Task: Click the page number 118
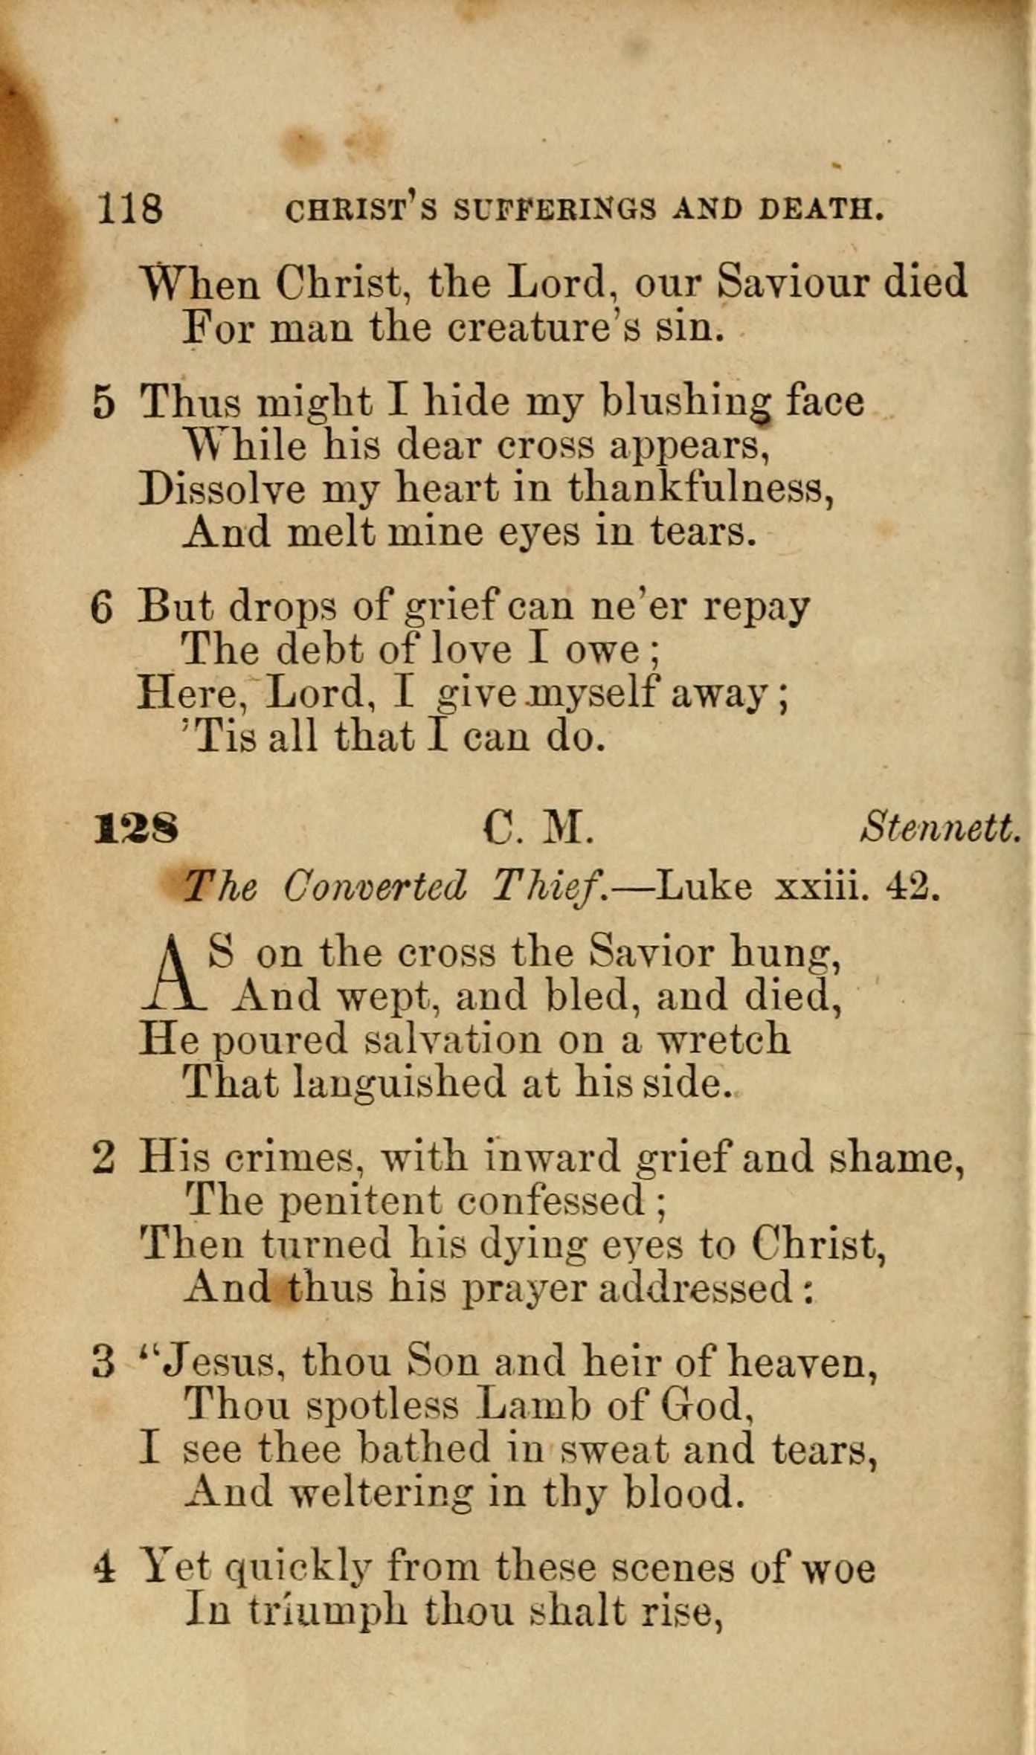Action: pos(129,207)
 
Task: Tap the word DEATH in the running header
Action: pos(820,210)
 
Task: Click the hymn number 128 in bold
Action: pos(137,828)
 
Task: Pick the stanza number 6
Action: pos(102,608)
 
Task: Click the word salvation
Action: pos(454,1039)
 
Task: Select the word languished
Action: pos(399,1083)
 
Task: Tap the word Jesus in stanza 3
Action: pos(219,1362)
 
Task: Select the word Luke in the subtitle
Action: pos(704,886)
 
